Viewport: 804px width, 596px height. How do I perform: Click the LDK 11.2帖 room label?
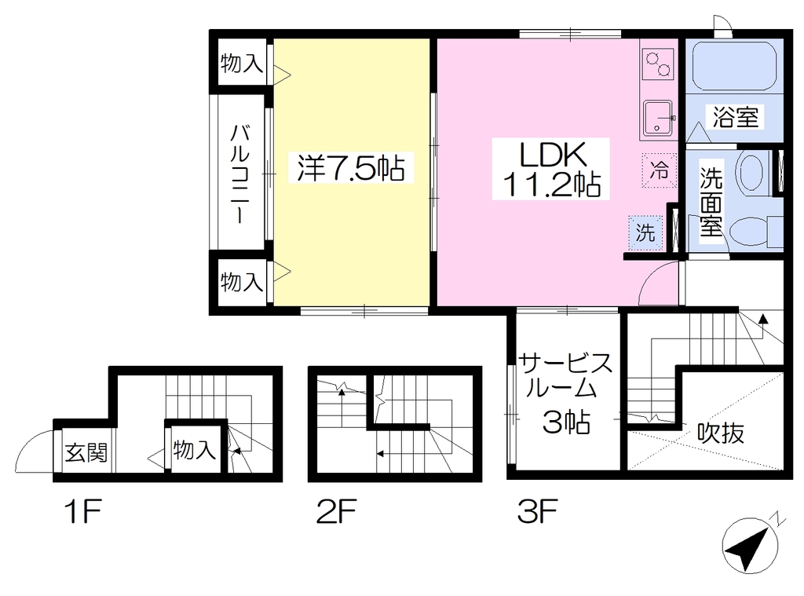(551, 169)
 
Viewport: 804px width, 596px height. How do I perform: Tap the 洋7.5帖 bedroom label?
(351, 167)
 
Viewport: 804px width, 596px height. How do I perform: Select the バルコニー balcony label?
(239, 174)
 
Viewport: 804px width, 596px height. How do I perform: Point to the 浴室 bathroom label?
(735, 116)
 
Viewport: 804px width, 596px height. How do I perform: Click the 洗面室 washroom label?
(711, 202)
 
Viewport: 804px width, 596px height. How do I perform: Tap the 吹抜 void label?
(721, 433)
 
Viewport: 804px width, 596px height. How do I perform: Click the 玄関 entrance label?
(86, 453)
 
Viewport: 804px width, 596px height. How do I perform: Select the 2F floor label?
(336, 511)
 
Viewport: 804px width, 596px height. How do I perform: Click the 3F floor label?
(537, 511)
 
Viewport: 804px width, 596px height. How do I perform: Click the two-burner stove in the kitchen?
(658, 64)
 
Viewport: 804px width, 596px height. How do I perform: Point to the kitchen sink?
(657, 118)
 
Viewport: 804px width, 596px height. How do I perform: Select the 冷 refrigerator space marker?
(659, 170)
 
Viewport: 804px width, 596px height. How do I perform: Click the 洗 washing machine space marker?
(645, 233)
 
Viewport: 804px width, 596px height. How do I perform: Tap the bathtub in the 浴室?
(734, 67)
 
